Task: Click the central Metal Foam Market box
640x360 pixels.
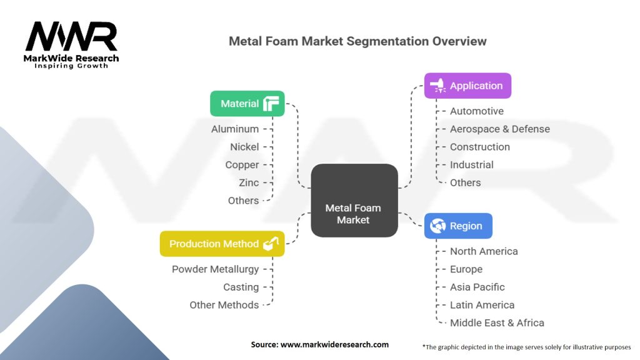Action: [354, 201]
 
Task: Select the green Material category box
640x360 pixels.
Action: [247, 104]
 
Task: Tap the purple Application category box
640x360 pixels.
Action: [467, 86]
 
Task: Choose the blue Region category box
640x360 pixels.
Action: [458, 226]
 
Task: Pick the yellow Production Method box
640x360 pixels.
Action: [222, 244]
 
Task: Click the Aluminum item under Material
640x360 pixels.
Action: [235, 129]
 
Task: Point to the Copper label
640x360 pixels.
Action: [242, 164]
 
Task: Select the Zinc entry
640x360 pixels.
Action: [248, 182]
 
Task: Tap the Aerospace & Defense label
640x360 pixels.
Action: [500, 129]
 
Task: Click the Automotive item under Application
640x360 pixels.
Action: [477, 111]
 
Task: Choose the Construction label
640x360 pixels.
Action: [480, 147]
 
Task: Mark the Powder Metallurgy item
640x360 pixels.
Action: [215, 269]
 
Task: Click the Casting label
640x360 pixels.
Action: [241, 287]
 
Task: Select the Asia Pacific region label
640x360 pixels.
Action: [477, 287]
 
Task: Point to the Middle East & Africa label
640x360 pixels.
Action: [497, 323]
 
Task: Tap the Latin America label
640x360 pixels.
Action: [482, 305]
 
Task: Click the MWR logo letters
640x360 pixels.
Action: [71, 37]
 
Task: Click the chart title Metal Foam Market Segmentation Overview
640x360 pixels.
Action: [357, 42]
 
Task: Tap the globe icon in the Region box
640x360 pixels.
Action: [438, 226]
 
